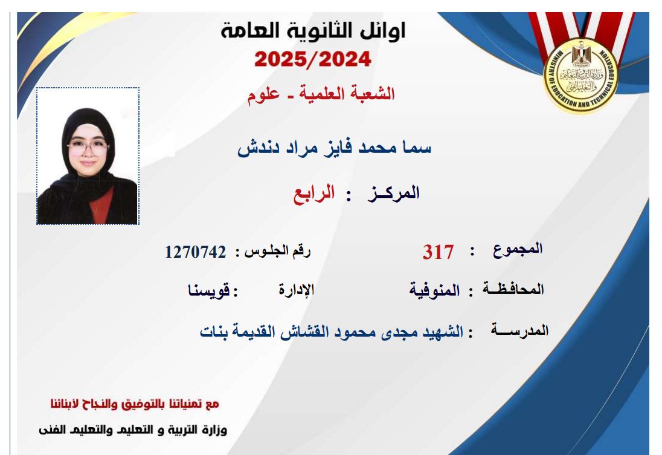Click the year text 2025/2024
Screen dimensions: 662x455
(313, 59)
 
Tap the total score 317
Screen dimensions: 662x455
(438, 252)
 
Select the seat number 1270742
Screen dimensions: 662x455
(196, 252)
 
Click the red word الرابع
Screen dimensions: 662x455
(314, 193)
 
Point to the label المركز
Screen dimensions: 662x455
(393, 193)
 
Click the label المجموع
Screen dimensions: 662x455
(518, 249)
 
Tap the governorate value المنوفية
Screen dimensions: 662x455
(434, 290)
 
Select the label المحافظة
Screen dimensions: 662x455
(513, 289)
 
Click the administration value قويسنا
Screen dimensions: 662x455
(209, 290)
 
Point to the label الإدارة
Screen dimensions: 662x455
(297, 290)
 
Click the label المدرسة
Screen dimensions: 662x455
(519, 330)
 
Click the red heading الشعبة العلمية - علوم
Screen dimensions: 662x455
(321, 94)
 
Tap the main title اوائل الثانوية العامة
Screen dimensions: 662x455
(313, 30)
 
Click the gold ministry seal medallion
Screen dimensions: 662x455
(580, 75)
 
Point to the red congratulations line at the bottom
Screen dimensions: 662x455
(135, 404)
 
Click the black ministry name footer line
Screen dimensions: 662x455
(133, 430)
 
